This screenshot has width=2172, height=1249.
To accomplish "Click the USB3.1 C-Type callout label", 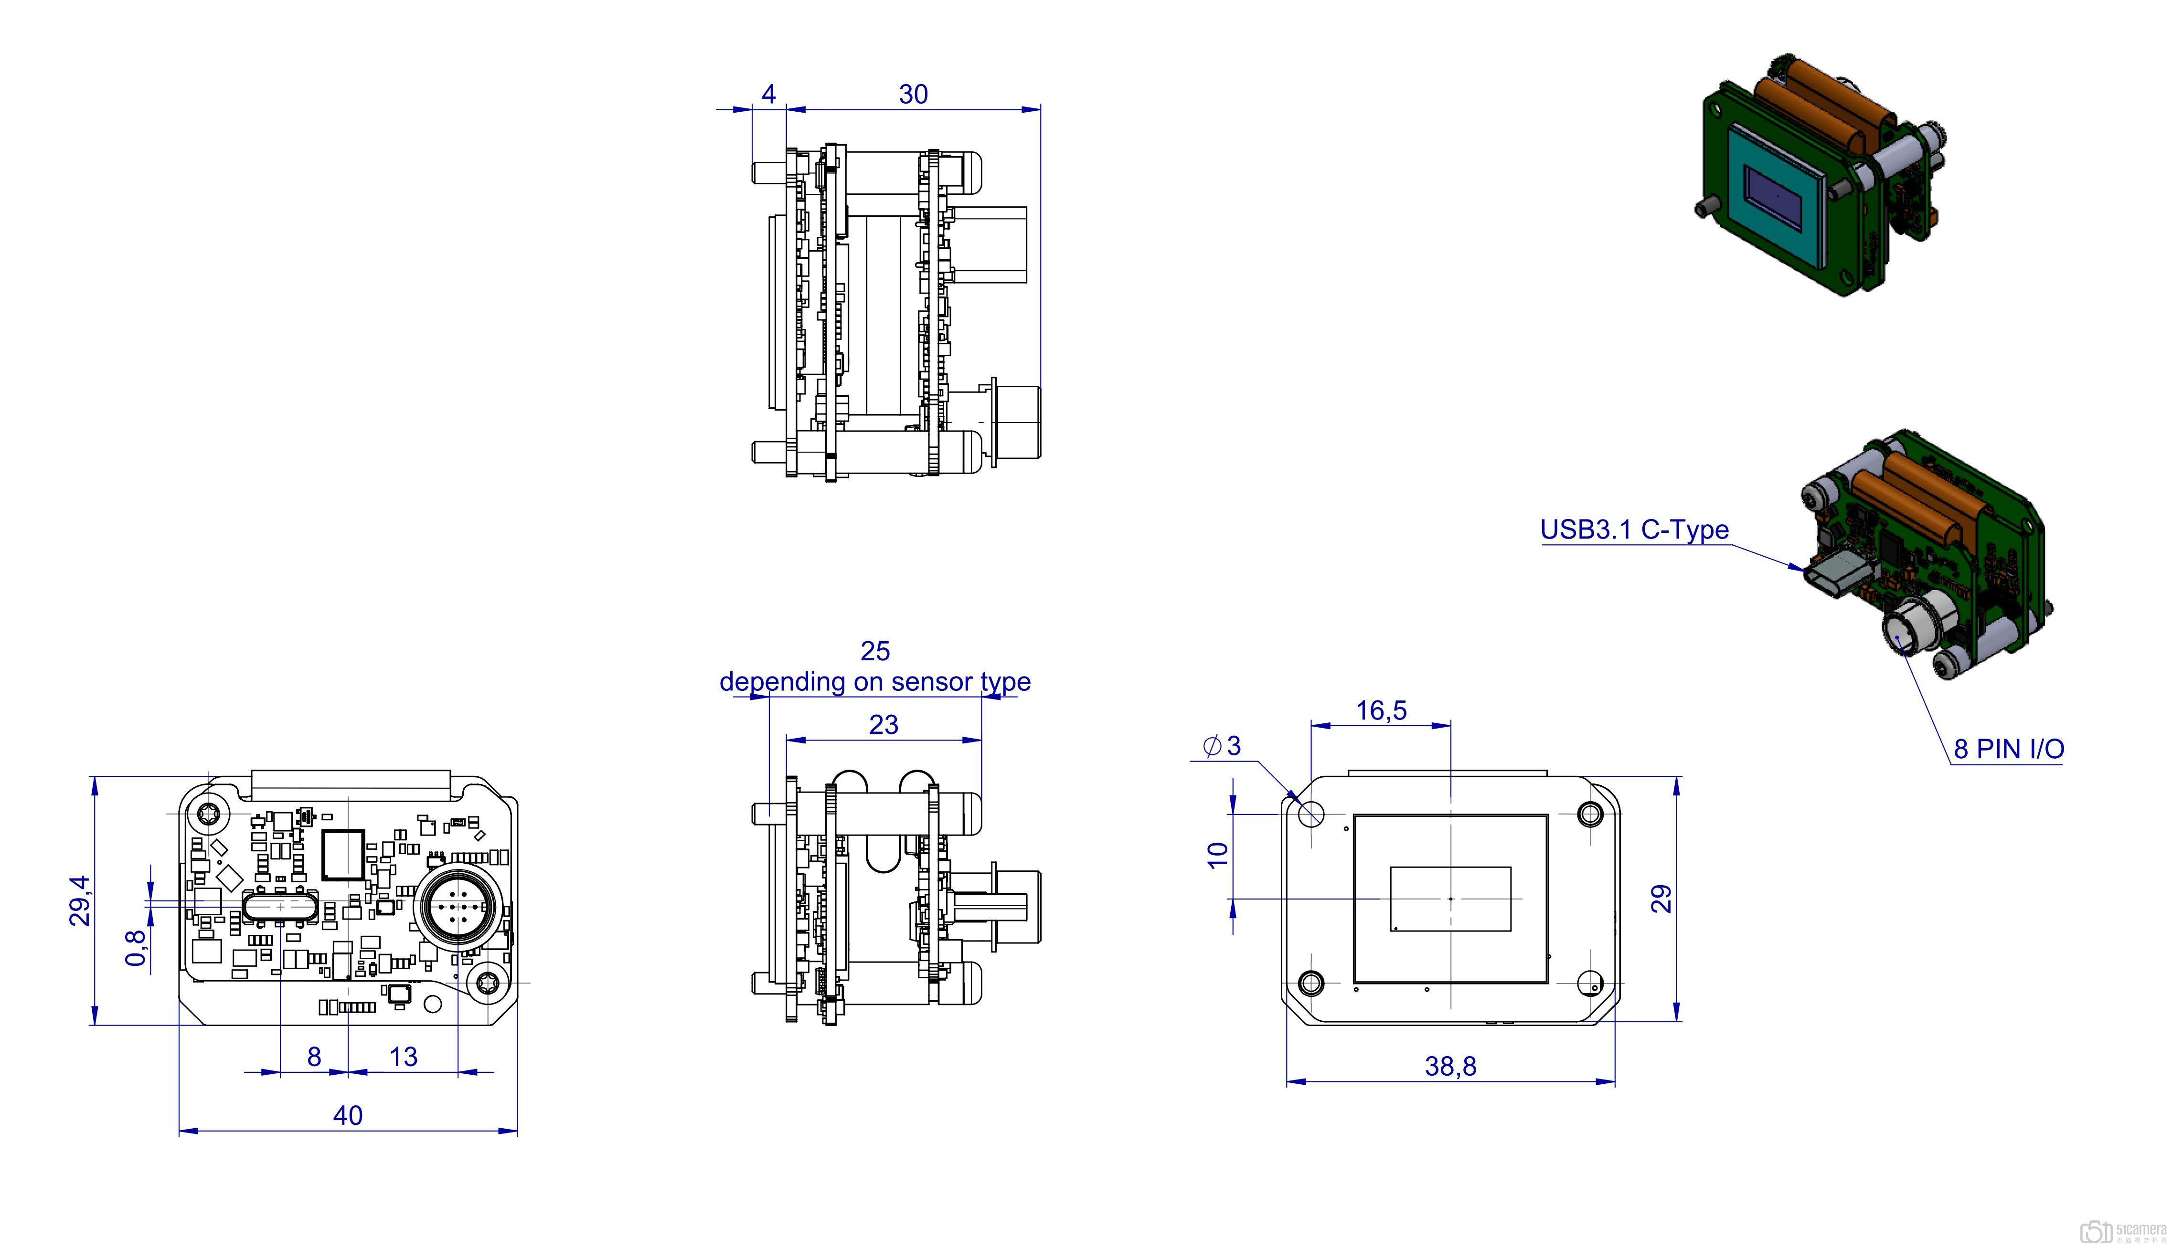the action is pos(1634,529).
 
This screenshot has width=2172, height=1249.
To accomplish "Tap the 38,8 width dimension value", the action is pos(1450,1066).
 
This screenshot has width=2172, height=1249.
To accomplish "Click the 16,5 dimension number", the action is pos(1381,710).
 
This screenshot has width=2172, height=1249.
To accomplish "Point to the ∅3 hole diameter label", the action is pos(1223,745).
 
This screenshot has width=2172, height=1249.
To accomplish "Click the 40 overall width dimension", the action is pos(347,1115).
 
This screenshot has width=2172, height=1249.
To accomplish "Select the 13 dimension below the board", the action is pos(403,1057).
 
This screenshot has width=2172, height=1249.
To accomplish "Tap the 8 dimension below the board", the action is pos(314,1057).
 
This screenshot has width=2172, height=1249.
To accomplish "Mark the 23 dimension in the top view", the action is pos(884,725).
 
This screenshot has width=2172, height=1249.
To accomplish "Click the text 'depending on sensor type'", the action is pos(875,681).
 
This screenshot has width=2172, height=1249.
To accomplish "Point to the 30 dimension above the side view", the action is pos(914,95).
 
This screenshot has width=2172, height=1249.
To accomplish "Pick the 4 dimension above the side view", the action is pos(768,95).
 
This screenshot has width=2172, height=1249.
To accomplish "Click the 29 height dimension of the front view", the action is pos(1661,898).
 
